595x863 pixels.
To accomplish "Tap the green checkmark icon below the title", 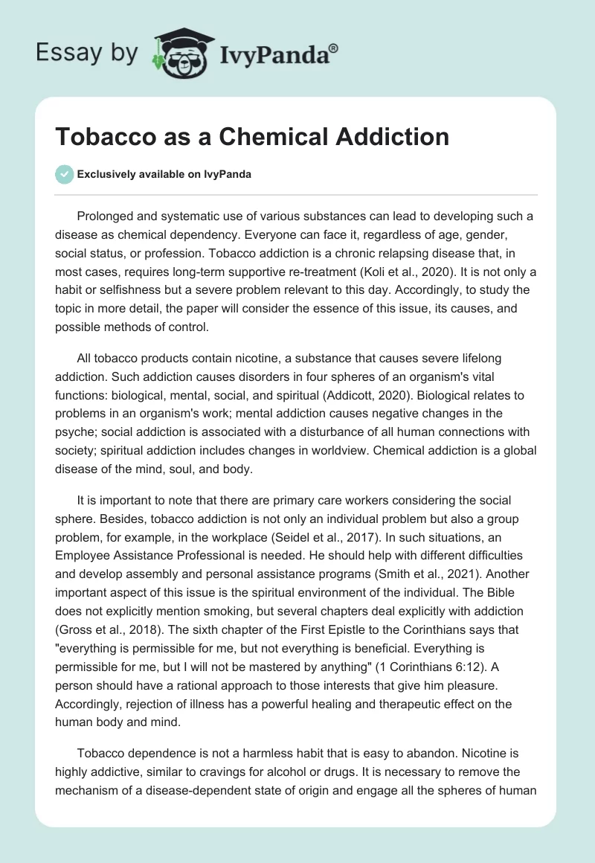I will (64, 174).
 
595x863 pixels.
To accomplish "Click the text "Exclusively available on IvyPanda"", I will (164, 174).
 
